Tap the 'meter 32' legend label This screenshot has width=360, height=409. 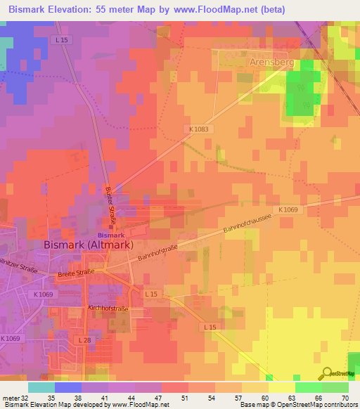click(15, 397)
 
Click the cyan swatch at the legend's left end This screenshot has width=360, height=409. click(41, 387)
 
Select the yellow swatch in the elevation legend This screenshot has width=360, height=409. click(281, 387)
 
